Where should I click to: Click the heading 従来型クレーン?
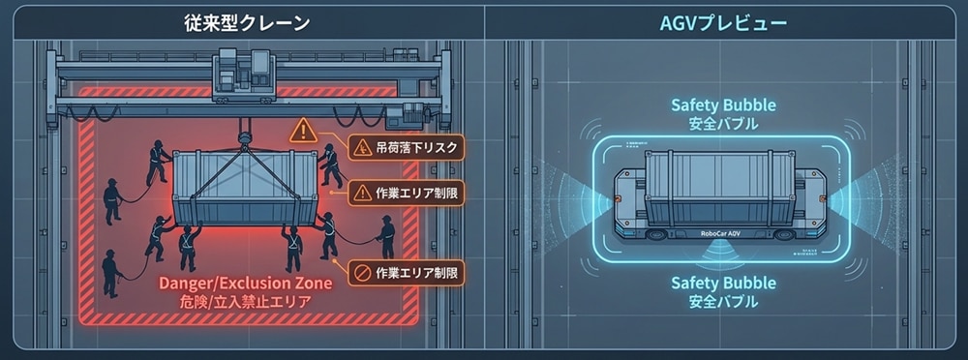click(246, 23)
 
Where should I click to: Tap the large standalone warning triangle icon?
click(302, 131)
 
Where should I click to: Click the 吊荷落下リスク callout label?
click(406, 148)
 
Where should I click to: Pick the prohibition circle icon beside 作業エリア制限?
click(360, 272)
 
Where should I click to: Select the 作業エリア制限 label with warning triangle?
click(406, 194)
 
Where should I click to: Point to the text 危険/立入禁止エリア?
click(245, 302)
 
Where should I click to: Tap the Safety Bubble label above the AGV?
click(723, 105)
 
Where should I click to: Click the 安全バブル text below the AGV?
click(723, 303)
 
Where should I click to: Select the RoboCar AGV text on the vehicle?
click(721, 233)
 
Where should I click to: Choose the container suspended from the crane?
click(245, 188)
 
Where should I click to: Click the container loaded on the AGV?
click(720, 188)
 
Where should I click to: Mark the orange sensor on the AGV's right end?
click(823, 198)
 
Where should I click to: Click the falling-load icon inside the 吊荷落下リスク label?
click(361, 148)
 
